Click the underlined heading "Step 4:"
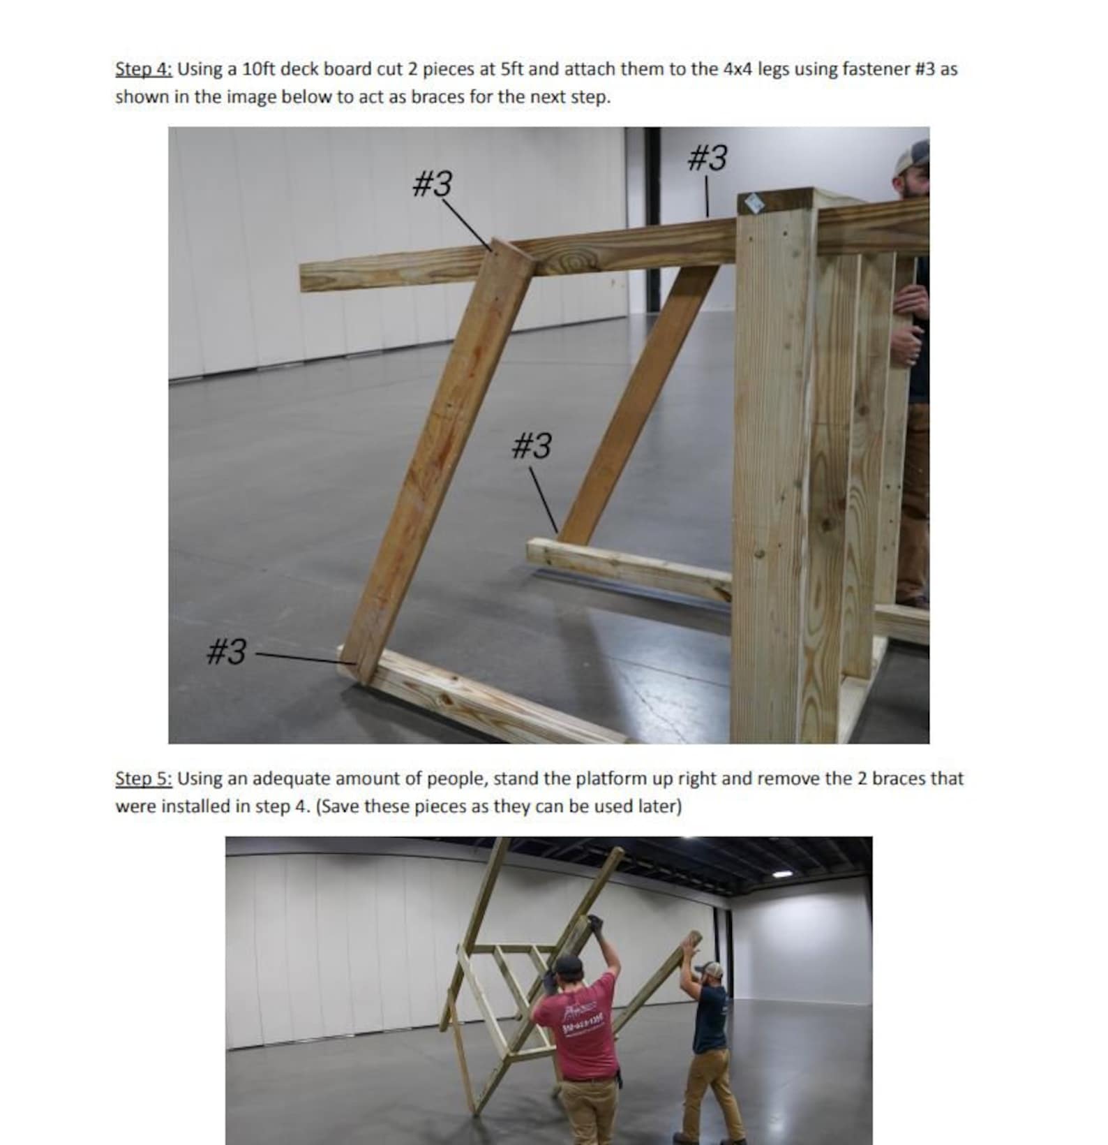point(143,69)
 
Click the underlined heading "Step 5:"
point(143,778)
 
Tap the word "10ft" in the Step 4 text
point(258,69)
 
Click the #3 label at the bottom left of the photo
point(227,651)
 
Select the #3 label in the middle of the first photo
point(532,445)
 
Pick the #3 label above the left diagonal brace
point(433,184)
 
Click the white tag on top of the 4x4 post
point(754,202)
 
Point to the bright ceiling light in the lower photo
point(782,873)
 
